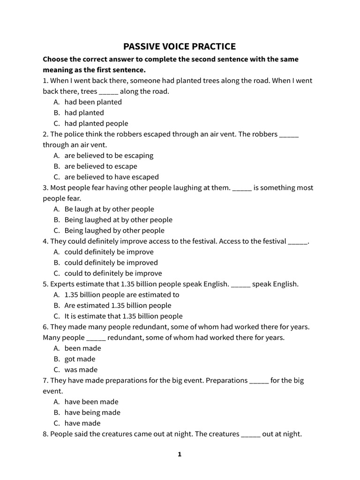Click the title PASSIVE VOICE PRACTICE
point(180,46)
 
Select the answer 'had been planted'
point(93,102)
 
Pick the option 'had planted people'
point(96,123)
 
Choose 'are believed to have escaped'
point(112,177)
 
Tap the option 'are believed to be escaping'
point(109,155)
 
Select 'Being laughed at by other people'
point(118,219)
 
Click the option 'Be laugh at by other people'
point(109,209)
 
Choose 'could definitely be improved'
point(111,262)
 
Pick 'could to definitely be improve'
point(113,273)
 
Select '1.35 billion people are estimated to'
point(122,295)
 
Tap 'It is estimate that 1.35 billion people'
point(123,316)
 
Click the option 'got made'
point(80,359)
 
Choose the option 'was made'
point(81,369)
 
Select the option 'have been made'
point(91,402)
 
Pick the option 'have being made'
point(92,412)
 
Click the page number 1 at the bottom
point(179,454)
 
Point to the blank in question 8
point(251,435)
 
